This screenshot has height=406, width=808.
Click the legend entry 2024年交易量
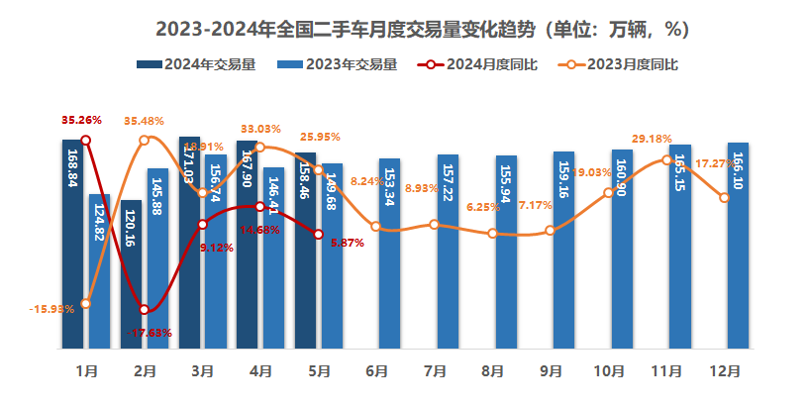click(198, 65)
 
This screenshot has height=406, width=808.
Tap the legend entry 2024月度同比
click(480, 65)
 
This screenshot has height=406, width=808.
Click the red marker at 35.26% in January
click(86, 141)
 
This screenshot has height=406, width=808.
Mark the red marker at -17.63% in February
click(145, 310)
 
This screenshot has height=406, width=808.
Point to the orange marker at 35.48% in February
click(145, 140)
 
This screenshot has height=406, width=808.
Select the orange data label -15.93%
click(52, 310)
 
